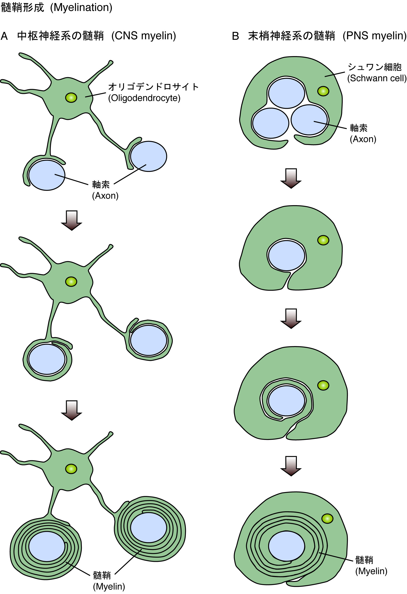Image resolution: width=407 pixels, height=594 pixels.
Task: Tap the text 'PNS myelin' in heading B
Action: pyautogui.click(x=375, y=36)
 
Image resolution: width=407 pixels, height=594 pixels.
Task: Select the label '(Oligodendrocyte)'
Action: pyautogui.click(x=144, y=98)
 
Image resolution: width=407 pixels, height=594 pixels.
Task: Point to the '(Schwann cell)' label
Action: pyautogui.click(x=377, y=78)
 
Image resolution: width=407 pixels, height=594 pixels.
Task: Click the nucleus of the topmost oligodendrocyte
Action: pyautogui.click(x=71, y=97)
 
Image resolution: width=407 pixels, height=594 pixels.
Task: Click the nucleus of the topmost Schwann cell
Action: pyautogui.click(x=323, y=91)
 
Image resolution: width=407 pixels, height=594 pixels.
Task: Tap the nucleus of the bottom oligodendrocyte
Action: pyautogui.click(x=71, y=469)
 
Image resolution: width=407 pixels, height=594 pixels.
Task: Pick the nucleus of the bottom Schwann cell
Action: pyautogui.click(x=327, y=519)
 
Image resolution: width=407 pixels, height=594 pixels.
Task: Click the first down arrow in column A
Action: pyautogui.click(x=71, y=220)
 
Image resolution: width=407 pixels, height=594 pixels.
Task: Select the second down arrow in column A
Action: pyautogui.click(x=71, y=410)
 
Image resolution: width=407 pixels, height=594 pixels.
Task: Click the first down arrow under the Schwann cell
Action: pyautogui.click(x=291, y=178)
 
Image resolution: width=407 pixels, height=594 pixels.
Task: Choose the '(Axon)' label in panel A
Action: pyautogui.click(x=105, y=196)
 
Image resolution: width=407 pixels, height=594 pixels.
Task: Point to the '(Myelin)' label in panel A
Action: pyautogui.click(x=109, y=586)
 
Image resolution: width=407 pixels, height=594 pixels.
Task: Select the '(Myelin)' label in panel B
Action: pyautogui.click(x=371, y=571)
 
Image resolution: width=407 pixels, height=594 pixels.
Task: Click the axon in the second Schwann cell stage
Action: pyautogui.click(x=287, y=256)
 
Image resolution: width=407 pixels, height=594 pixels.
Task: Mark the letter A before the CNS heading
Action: pyautogui.click(x=4, y=36)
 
